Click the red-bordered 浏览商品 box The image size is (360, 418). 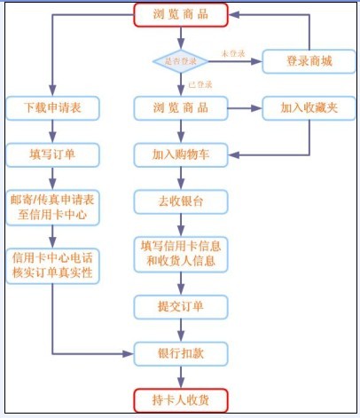pos(181,14)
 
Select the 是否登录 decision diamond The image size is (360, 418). pos(181,61)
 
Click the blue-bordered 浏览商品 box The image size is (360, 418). pos(181,107)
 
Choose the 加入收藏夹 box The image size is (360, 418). pos(309,107)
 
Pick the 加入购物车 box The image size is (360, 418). pos(181,154)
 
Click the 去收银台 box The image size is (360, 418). pos(181,201)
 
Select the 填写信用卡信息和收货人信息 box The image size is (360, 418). pos(181,253)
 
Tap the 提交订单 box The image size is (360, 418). pos(181,306)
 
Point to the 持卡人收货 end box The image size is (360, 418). pos(181,398)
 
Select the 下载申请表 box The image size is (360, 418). pos(52,107)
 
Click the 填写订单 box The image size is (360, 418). pos(52,154)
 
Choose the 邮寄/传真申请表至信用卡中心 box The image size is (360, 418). pos(52,206)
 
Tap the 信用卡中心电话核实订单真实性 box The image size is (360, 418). pos(52,264)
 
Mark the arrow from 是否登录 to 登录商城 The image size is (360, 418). pos(235,61)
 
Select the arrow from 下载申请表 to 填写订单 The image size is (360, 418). pos(52,130)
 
